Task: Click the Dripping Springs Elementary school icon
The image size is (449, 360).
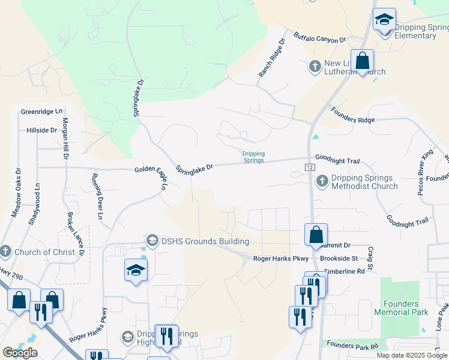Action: tap(384, 20)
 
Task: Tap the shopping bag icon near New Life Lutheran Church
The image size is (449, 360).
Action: tap(362, 61)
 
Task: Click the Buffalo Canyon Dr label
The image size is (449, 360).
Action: tap(320, 37)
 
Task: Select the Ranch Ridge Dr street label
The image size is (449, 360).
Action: tap(271, 58)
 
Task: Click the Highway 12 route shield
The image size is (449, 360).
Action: tap(310, 167)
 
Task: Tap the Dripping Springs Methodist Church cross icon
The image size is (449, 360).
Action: tap(322, 179)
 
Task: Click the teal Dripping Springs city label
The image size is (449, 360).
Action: tap(253, 157)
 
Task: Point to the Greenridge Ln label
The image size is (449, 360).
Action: tap(41, 112)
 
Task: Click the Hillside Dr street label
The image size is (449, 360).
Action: tap(41, 130)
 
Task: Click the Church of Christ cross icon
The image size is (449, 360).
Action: tap(5, 251)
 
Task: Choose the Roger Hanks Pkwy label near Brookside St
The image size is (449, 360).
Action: tap(280, 259)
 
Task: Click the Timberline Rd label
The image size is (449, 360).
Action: tap(345, 271)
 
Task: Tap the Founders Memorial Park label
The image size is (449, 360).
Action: tap(401, 308)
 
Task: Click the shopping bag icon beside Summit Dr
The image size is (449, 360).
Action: tap(316, 235)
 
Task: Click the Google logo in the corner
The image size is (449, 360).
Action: tap(20, 353)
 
